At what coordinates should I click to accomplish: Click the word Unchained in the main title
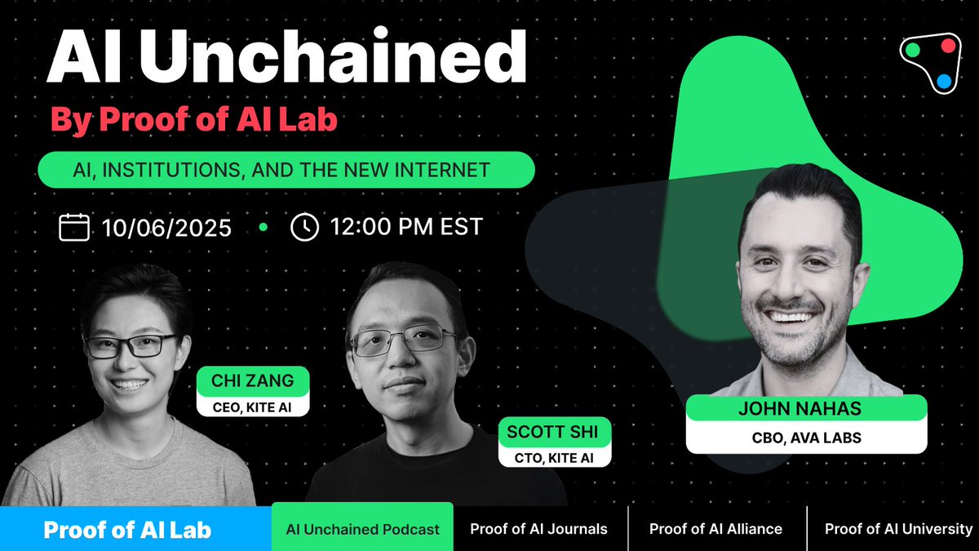pos(333,56)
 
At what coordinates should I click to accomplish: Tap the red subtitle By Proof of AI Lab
pos(194,119)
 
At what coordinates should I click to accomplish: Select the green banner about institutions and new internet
pos(286,170)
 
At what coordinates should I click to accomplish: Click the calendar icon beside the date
pos(74,227)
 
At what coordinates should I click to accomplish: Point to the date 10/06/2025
pos(166,228)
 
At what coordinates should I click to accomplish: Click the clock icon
pos(304,227)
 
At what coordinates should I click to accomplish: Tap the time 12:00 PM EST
pos(406,227)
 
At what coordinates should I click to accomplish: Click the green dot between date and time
pos(263,227)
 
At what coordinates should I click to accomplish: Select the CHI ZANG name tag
pos(253,380)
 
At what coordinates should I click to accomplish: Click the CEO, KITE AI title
pos(252,407)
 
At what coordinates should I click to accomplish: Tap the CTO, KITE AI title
pos(554,458)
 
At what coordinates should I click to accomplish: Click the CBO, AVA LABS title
pos(806,438)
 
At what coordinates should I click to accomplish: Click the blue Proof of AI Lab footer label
pos(127,530)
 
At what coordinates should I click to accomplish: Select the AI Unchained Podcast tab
pos(362,529)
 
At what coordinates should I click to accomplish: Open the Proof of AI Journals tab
pos(538,529)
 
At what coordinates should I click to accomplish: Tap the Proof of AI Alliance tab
pos(715,529)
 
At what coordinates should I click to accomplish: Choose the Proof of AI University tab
pos(898,529)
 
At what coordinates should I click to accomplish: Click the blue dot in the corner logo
pos(944,81)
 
